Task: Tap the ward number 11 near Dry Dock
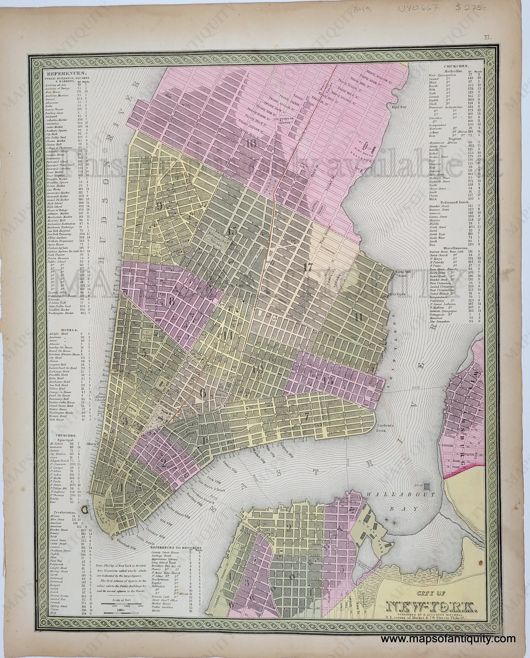pos(358,317)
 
